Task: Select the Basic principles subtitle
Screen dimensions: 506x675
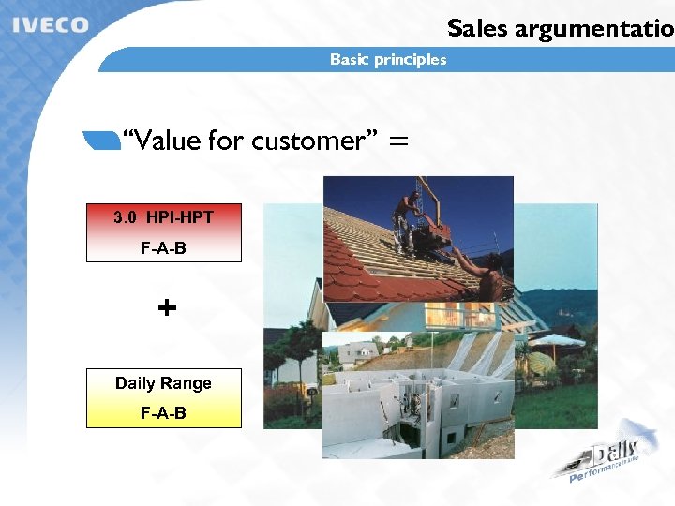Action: coord(388,60)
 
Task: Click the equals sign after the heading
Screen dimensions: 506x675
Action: coord(398,141)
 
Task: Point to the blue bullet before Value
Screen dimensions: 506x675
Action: coord(101,141)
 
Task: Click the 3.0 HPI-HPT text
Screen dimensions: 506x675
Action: coord(163,217)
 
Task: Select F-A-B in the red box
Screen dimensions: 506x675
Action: coord(163,249)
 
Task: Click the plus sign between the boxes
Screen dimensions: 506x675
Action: coord(167,307)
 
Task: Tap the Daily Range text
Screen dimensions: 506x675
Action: coord(163,383)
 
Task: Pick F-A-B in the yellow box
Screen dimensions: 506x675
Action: coord(163,413)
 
